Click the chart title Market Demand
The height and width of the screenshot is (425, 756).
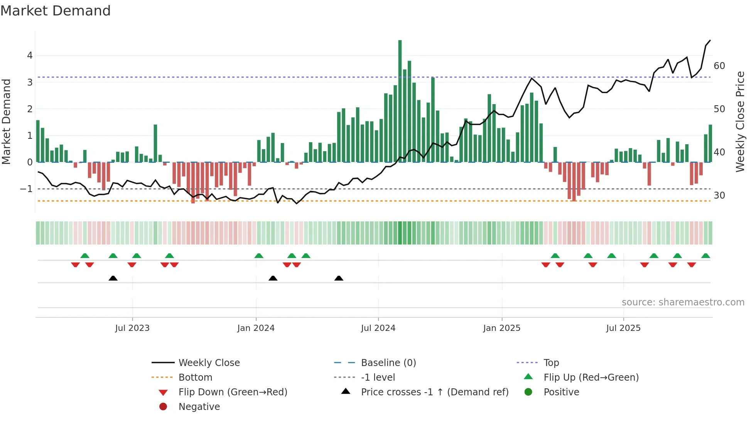point(56,11)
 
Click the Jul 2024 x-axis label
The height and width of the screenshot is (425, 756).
point(378,328)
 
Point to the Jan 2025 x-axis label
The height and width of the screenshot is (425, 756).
point(501,328)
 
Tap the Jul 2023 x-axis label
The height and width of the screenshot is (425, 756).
point(132,328)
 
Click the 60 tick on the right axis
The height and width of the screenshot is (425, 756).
point(719,66)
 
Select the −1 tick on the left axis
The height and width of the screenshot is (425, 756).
point(26,189)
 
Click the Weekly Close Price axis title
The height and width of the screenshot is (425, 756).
point(740,121)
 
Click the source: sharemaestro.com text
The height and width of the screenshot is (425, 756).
point(683,302)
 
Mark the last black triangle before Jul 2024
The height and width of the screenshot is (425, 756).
point(339,278)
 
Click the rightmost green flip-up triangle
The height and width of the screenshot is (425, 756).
point(705,256)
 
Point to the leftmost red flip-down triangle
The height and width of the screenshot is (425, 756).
point(76,265)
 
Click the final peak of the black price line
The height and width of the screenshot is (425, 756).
point(710,40)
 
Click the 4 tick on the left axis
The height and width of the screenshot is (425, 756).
point(30,56)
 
